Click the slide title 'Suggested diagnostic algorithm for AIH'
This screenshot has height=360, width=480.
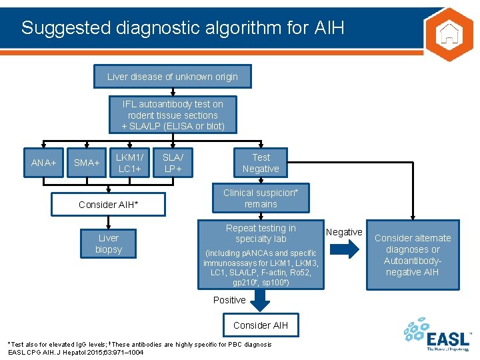(183, 28)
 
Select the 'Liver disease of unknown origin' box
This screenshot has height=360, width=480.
(173, 77)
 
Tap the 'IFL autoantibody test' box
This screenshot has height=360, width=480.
(173, 115)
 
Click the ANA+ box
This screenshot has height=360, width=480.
(44, 163)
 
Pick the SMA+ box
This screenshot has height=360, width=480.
(87, 163)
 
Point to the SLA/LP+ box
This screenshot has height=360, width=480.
(173, 163)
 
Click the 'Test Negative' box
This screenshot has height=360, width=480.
(261, 163)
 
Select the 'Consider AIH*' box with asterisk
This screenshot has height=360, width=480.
(109, 204)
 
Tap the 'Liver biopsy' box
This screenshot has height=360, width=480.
(109, 243)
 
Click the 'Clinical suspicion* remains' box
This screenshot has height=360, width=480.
(261, 198)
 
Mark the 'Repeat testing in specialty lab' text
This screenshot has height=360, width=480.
(261, 233)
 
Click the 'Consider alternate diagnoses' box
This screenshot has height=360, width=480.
(412, 255)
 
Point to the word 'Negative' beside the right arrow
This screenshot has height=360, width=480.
(344, 232)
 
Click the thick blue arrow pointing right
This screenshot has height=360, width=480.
(344, 249)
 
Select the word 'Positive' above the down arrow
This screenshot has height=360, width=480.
(229, 300)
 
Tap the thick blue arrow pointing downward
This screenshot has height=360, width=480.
(261, 302)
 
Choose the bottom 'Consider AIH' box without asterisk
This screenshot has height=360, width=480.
(261, 325)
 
